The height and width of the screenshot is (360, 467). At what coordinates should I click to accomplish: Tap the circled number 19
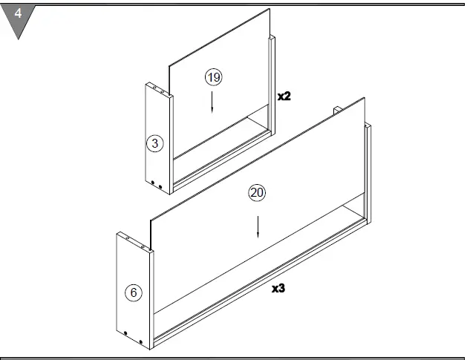point(214,77)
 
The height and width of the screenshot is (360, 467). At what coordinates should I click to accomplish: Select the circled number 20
point(257,193)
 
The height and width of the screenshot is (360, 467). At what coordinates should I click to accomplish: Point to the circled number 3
point(154,143)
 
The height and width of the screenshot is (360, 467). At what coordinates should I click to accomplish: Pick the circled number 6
point(134,292)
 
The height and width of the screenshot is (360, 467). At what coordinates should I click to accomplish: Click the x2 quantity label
point(284,96)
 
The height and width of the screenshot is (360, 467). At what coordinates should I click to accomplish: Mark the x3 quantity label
point(278,288)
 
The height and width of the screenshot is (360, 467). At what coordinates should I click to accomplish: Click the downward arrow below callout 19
point(212,102)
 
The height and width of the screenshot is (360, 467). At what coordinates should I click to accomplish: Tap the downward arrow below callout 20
point(257,226)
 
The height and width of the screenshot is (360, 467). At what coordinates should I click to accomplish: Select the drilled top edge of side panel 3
point(159,89)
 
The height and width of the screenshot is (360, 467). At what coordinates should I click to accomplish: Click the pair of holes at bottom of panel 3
point(154,183)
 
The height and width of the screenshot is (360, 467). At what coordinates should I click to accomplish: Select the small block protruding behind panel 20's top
point(337,111)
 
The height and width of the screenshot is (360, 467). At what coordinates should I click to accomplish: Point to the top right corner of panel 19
point(268,10)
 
